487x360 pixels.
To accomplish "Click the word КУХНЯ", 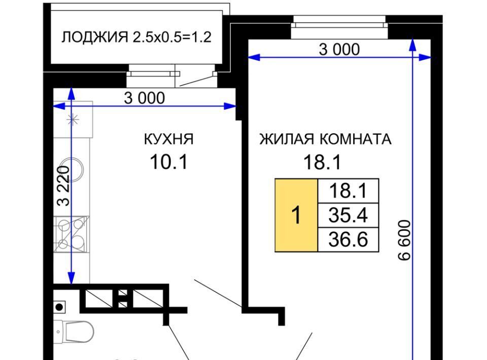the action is click(x=168, y=139).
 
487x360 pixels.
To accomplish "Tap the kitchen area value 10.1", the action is click(x=168, y=162).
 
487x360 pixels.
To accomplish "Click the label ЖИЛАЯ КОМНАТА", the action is click(x=325, y=139).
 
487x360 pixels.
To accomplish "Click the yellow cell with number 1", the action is click(x=296, y=215).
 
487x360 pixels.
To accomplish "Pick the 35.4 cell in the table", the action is click(x=348, y=215).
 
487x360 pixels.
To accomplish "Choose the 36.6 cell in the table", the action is click(x=348, y=239).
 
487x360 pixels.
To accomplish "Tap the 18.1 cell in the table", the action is click(x=348, y=191).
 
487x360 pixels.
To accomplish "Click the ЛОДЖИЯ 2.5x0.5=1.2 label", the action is click(x=136, y=37).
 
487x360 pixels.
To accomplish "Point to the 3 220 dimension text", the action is click(x=63, y=186).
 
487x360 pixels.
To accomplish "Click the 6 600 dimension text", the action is click(x=404, y=240).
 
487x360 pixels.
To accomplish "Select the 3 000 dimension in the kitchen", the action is click(x=145, y=98).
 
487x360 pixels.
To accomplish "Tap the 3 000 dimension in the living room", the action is click(x=339, y=49).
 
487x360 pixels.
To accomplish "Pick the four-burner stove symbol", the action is click(x=72, y=234).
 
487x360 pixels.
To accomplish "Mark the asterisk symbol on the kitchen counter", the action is click(x=73, y=119).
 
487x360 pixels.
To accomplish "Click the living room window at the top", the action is click(x=339, y=27).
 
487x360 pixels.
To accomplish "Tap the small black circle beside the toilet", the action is click(x=59, y=307).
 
